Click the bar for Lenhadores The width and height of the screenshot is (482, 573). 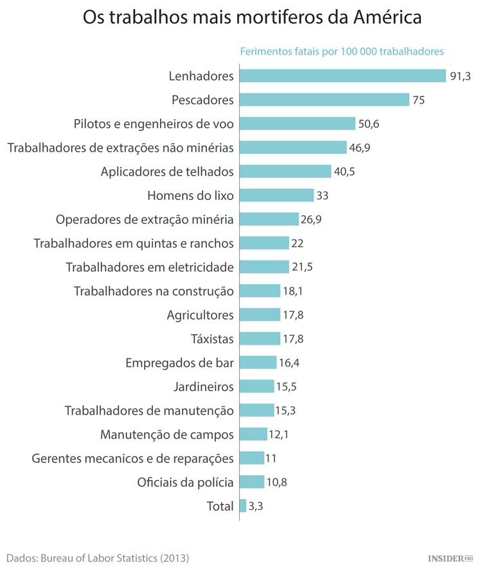tap(343, 76)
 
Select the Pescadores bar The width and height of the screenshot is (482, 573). tap(325, 100)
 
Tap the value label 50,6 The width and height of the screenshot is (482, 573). tap(369, 123)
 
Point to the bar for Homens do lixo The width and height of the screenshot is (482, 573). tap(276, 195)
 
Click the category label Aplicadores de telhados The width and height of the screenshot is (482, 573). tap(167, 171)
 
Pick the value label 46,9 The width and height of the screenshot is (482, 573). tap(360, 147)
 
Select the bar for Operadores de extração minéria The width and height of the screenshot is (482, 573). tap(269, 219)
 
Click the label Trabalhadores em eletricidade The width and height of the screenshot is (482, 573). tap(150, 266)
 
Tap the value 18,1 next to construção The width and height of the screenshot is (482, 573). tap(293, 291)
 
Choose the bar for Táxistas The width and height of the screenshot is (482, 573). tap(260, 338)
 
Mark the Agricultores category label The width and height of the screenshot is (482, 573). tap(200, 314)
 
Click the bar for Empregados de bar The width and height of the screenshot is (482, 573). tap(258, 362)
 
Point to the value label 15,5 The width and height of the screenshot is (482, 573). tap(287, 386)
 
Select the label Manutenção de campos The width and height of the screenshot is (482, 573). tap(167, 434)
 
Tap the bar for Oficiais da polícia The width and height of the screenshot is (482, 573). tap(251, 482)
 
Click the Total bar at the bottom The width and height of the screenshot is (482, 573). tap(243, 505)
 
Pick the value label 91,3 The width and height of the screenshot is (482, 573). tap(460, 76)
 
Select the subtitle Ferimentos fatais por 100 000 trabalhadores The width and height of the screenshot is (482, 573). tap(342, 51)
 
